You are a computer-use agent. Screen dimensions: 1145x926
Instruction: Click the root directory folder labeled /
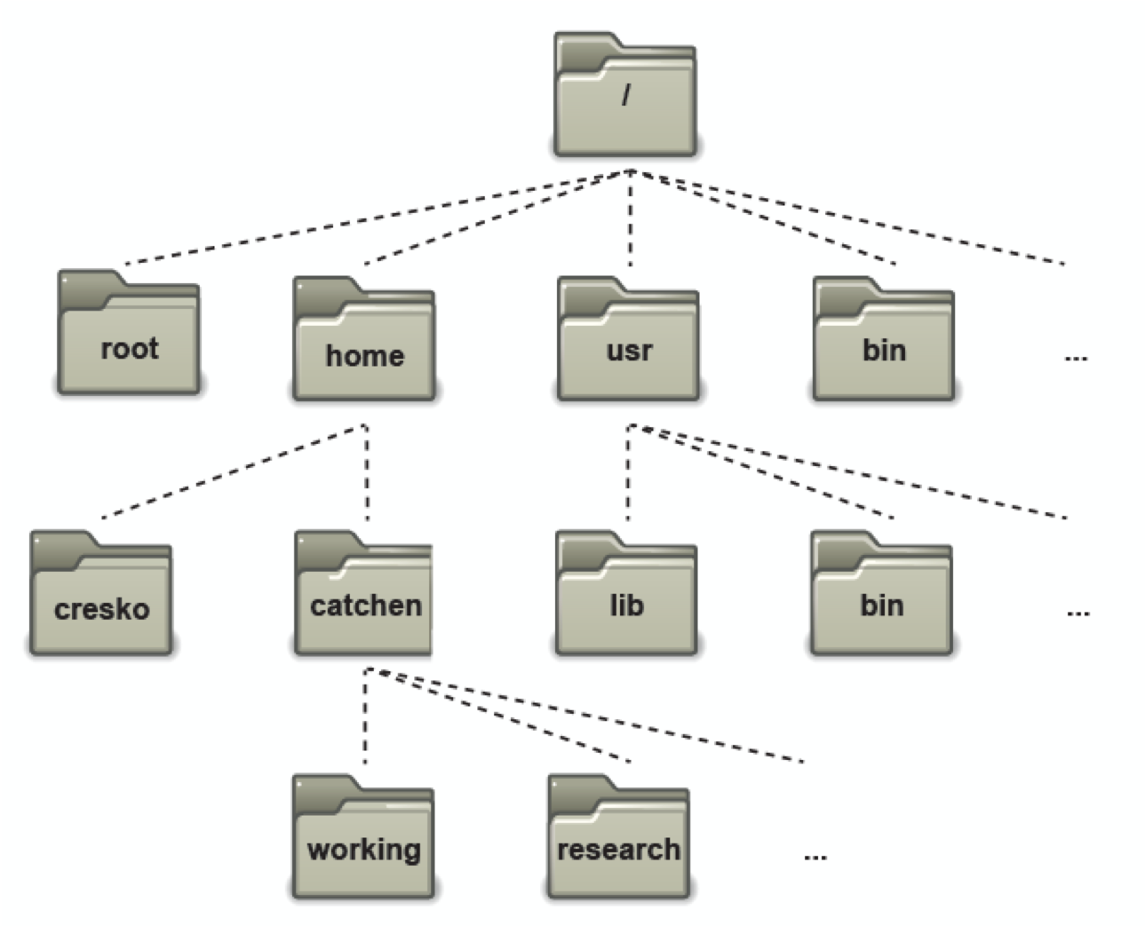click(x=625, y=94)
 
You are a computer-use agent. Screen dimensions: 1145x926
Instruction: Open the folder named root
click(x=129, y=332)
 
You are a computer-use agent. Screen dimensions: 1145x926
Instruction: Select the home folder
click(x=364, y=339)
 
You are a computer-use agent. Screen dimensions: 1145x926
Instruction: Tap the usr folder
click(x=628, y=339)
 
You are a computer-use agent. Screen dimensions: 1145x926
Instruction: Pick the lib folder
click(x=626, y=593)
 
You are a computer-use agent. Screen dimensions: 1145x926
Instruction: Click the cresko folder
click(x=101, y=593)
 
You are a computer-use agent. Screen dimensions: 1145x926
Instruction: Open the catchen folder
click(x=363, y=593)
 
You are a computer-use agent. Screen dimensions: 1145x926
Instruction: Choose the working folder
click(x=363, y=837)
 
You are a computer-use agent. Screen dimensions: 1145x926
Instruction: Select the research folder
click(x=618, y=837)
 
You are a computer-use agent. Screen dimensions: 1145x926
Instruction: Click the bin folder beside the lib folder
click(x=881, y=593)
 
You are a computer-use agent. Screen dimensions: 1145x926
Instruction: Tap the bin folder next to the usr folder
click(x=884, y=339)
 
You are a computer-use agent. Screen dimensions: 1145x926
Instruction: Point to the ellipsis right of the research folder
click(x=815, y=857)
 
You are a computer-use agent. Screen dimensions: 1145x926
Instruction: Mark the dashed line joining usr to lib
click(x=628, y=472)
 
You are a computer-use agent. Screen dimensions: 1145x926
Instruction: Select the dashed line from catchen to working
click(x=366, y=716)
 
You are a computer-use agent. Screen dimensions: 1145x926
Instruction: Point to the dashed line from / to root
click(x=378, y=218)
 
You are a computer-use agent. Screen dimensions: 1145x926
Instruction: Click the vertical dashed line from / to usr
click(x=631, y=218)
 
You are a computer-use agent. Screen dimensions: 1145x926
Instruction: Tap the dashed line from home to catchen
click(x=367, y=472)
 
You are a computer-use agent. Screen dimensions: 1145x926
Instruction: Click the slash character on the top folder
click(x=626, y=94)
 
